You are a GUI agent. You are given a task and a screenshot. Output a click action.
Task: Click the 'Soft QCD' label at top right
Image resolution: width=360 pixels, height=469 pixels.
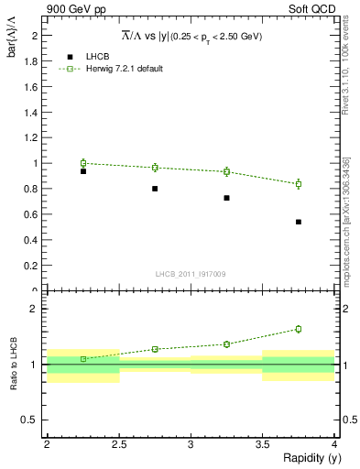(312, 10)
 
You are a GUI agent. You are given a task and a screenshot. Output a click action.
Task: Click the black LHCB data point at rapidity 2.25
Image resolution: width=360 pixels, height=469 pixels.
(83, 171)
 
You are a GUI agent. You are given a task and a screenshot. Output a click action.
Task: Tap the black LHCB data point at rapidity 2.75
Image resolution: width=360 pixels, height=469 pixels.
(155, 189)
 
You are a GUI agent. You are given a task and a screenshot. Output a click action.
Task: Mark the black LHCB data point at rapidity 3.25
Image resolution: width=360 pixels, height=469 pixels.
(226, 198)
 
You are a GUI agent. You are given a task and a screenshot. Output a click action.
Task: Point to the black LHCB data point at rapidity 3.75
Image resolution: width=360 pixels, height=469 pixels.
(299, 222)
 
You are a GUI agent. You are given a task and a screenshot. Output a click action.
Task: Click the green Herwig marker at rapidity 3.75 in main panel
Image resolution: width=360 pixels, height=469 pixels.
(299, 184)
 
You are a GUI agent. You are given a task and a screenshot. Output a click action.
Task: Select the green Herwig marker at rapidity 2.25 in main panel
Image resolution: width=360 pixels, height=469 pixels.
(83, 163)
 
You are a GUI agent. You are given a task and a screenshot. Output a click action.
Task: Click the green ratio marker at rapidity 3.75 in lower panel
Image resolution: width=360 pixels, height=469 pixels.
(299, 329)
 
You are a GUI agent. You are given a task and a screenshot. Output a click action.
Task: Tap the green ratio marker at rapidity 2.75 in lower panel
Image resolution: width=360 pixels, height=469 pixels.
(155, 349)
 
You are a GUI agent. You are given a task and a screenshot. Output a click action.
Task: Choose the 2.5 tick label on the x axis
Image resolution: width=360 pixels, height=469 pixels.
(119, 444)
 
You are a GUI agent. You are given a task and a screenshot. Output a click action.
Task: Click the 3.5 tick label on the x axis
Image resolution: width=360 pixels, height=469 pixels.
(263, 444)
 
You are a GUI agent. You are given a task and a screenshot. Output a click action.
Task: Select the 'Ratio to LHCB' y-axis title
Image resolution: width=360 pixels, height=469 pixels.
(13, 365)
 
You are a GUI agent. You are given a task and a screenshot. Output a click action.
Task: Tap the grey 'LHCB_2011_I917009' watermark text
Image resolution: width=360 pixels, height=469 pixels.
(191, 273)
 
